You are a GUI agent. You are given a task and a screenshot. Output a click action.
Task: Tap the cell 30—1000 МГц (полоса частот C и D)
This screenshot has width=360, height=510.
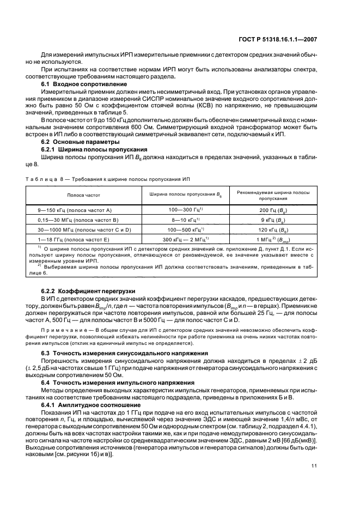pos(82,229)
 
